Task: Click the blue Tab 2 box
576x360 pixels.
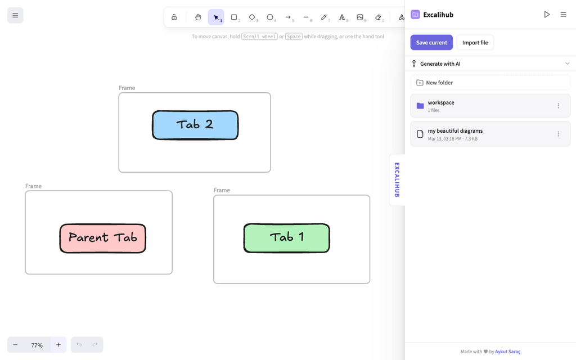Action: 195,125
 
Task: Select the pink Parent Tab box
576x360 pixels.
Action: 103,238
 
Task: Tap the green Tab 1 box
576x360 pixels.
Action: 286,238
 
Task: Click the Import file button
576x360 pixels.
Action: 475,43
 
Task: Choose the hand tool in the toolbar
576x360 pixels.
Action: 198,17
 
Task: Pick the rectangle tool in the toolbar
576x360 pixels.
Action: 234,17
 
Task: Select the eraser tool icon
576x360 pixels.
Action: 378,17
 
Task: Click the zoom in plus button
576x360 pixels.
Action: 58,345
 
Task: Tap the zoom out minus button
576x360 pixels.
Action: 15,345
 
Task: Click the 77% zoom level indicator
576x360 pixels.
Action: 37,345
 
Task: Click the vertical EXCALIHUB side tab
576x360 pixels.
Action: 397,180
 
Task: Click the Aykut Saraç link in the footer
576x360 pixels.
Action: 508,352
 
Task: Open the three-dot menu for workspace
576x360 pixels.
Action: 559,106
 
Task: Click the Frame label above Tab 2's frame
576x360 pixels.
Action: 127,88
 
